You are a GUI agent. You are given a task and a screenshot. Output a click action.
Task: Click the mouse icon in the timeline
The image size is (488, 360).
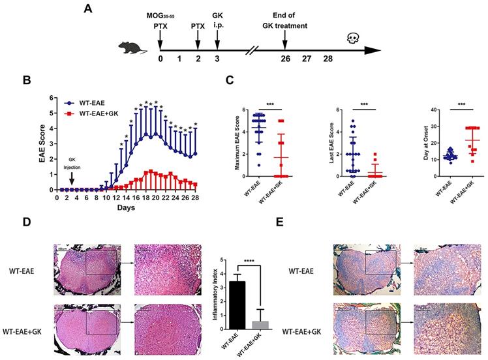[131, 48]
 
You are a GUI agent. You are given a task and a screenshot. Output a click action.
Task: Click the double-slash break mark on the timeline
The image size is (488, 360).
[252, 48]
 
